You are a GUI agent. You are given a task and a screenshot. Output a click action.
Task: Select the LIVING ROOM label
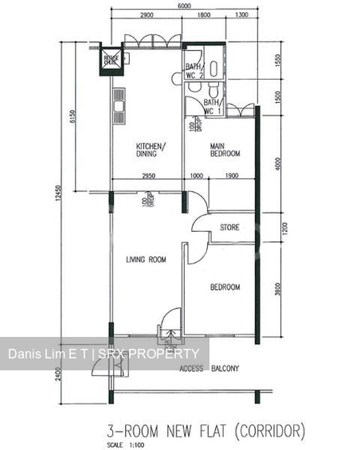click(146, 260)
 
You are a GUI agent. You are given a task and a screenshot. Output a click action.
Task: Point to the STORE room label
click(229, 228)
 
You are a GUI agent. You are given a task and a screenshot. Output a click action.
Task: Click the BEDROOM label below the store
click(225, 288)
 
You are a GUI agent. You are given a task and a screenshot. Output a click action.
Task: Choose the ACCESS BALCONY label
click(209, 369)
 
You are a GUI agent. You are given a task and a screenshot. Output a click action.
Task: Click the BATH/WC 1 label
click(211, 107)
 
